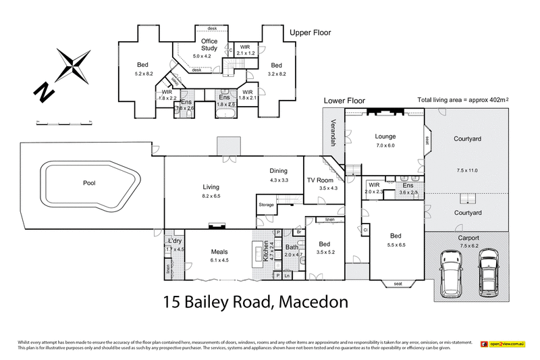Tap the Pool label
(x=89, y=183)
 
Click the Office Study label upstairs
(x=209, y=45)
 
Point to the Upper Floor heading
(x=310, y=32)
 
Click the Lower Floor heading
(x=344, y=101)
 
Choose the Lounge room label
(x=385, y=136)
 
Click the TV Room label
(x=320, y=180)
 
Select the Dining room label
(x=279, y=171)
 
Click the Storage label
(x=266, y=204)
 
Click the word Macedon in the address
(x=315, y=302)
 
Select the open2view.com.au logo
(x=506, y=344)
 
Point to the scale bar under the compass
(x=63, y=122)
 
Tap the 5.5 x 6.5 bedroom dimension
(x=396, y=245)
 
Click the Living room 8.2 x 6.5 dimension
(x=211, y=196)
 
